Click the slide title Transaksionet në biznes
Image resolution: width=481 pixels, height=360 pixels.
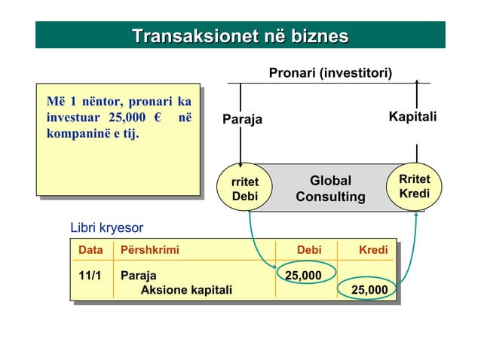(240, 35)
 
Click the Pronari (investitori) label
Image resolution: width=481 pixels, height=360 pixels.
(330, 73)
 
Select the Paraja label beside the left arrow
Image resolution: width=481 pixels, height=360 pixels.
(242, 118)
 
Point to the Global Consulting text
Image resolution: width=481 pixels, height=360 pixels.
(330, 188)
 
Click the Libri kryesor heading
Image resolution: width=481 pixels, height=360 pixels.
(106, 227)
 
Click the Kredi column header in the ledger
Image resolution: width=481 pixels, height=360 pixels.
(373, 249)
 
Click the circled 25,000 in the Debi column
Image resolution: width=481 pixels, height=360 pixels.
(303, 275)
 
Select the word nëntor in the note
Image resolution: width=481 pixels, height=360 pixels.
(97, 102)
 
